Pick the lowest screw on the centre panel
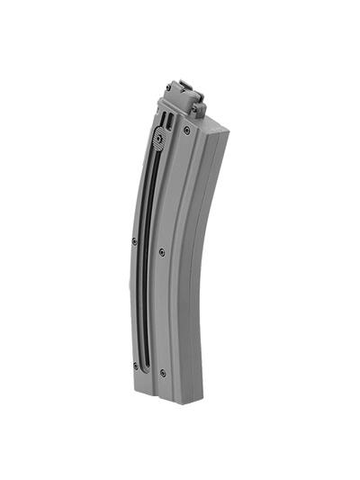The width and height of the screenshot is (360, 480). [x=162, y=372]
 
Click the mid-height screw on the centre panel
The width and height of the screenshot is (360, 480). [x=161, y=252]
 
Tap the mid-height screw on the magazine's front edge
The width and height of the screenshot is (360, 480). [x=134, y=240]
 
